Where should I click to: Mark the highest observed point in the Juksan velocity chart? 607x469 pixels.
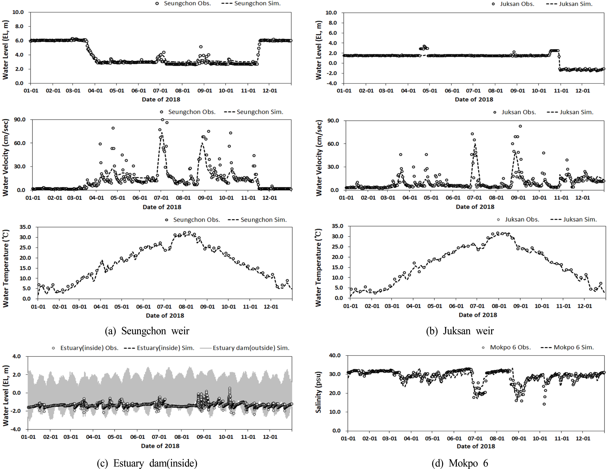(520, 126)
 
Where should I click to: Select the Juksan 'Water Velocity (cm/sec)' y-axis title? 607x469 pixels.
(319, 158)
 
